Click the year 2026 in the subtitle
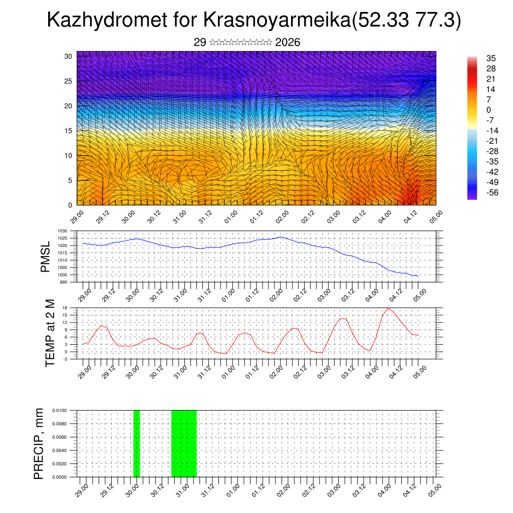pyautogui.click(x=288, y=43)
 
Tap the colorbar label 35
pyautogui.click(x=490, y=59)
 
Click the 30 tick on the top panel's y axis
pyautogui.click(x=68, y=56)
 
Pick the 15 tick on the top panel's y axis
pyautogui.click(x=68, y=131)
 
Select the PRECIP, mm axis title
pyautogui.click(x=39, y=443)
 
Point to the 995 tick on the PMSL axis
pyautogui.click(x=64, y=283)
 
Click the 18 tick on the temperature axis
pyautogui.click(x=65, y=308)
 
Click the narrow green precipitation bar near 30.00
pyautogui.click(x=137, y=443)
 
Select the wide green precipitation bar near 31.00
pyautogui.click(x=184, y=443)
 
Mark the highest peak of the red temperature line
pyautogui.click(x=388, y=308)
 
